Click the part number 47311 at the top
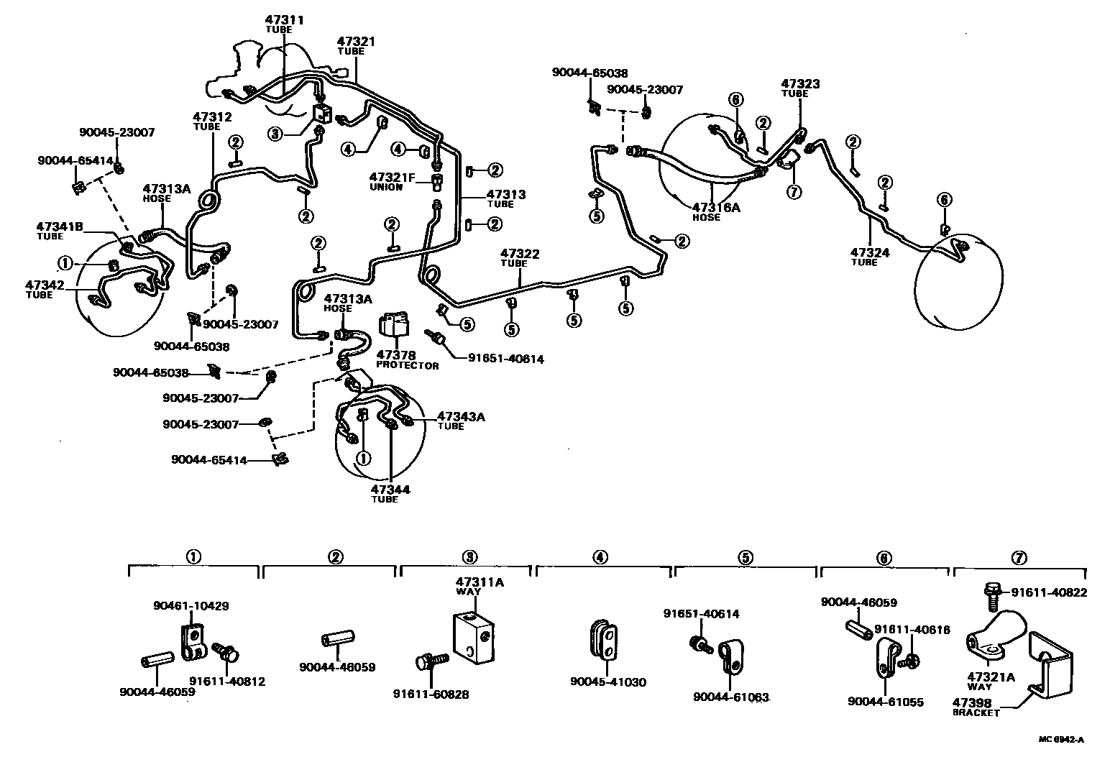pyautogui.click(x=285, y=20)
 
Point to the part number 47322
pyautogui.click(x=520, y=254)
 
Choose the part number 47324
pyautogui.click(x=870, y=252)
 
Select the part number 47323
pyautogui.click(x=800, y=84)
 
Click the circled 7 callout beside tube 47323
pyautogui.click(x=793, y=191)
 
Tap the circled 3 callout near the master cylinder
pyautogui.click(x=275, y=133)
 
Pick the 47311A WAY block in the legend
pyautogui.click(x=472, y=637)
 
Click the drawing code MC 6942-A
pyautogui.click(x=1060, y=740)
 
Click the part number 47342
pyautogui.click(x=45, y=285)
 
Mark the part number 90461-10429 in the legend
pyautogui.click(x=191, y=606)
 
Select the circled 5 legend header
pyautogui.click(x=746, y=557)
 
